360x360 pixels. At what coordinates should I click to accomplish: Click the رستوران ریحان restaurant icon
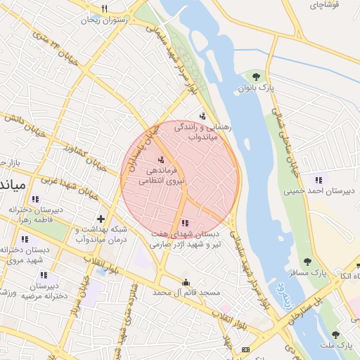pos(105,9)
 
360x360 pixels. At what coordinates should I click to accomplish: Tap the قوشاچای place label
pos(324,4)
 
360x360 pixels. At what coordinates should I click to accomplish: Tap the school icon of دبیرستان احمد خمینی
pos(319,179)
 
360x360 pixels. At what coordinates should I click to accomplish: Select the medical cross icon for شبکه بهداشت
pos(101,219)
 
